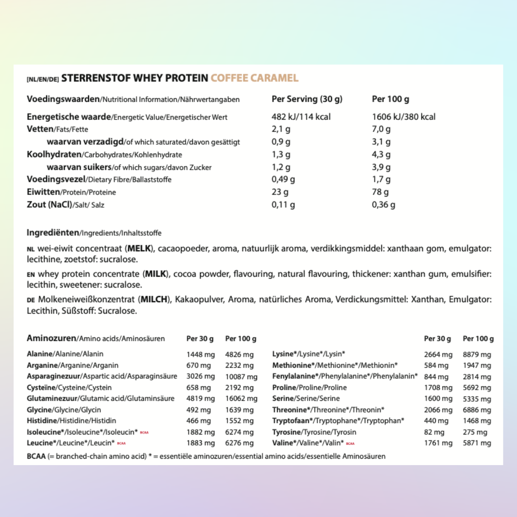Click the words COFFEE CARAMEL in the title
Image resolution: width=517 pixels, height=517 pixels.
point(254,78)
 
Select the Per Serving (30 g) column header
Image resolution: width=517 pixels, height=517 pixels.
point(307,99)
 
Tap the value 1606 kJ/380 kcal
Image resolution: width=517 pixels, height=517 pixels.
point(403,117)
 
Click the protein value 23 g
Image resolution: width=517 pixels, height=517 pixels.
point(280,192)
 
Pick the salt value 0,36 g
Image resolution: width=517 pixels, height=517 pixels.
point(383,205)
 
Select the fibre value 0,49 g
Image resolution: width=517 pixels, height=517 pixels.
point(283,180)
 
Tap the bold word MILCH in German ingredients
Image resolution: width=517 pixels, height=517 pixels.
point(154,300)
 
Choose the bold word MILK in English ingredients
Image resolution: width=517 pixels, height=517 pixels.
point(155,274)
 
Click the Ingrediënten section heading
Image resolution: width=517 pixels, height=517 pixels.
point(53,233)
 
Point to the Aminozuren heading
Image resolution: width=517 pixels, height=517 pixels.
point(51,338)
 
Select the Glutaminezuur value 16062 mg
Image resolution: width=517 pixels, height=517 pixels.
point(241,399)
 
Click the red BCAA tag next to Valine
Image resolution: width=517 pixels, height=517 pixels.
point(350,443)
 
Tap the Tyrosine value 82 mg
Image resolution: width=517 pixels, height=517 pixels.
point(434,432)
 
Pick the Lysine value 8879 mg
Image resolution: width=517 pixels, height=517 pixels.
point(477,354)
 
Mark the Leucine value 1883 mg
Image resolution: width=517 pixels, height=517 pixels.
point(200,443)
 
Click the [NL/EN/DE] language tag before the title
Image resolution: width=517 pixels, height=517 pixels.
point(43,79)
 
